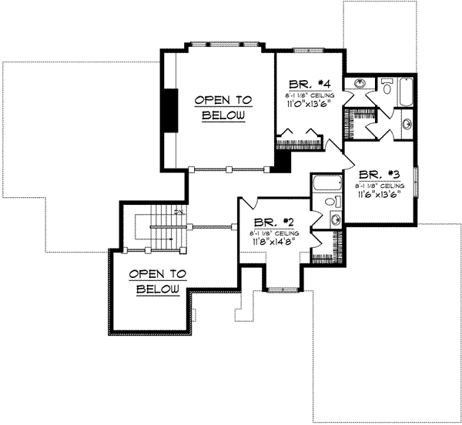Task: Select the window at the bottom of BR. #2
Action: click(x=283, y=289)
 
